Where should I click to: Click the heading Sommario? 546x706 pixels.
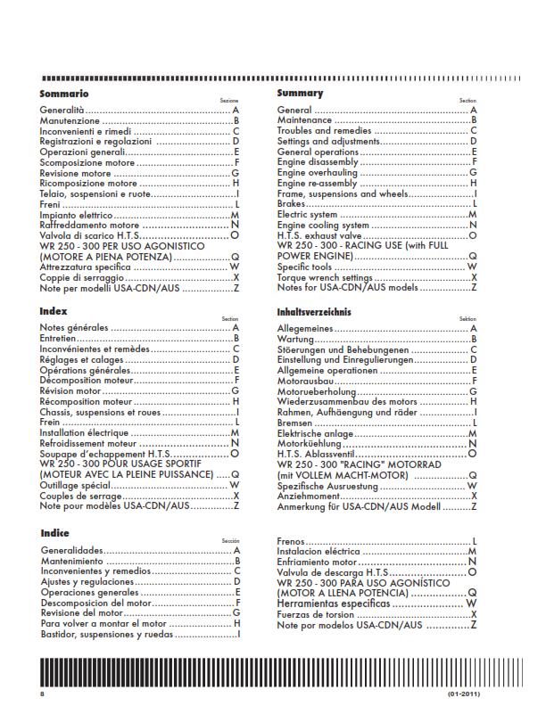63,94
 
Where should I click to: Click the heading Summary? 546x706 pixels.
300,93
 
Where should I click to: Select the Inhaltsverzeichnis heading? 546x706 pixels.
314,313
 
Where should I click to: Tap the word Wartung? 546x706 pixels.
294,340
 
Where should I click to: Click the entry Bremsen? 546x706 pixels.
294,422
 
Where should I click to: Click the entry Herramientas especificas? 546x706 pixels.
334,603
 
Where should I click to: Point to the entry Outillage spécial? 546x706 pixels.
76,486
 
